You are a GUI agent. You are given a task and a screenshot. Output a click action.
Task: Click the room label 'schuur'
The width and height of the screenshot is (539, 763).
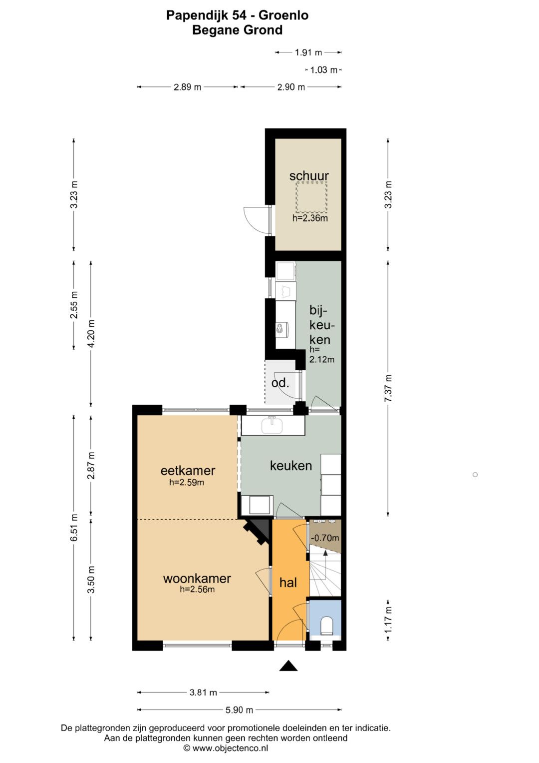[309, 176]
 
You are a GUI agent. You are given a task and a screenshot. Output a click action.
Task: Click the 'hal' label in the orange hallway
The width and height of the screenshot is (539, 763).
[288, 583]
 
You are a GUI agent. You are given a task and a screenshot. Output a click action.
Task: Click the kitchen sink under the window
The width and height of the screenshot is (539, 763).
[272, 426]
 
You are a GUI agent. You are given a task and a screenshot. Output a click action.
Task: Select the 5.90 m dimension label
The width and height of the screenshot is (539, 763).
[239, 710]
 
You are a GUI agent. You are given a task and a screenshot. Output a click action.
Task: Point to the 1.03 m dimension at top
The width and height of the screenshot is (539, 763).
[323, 70]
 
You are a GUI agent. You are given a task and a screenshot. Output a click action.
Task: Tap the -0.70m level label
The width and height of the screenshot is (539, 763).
[325, 538]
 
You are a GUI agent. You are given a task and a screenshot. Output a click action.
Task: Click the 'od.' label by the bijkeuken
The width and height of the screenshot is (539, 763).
[280, 383]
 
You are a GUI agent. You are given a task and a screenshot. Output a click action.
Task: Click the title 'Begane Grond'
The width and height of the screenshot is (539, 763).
[238, 30]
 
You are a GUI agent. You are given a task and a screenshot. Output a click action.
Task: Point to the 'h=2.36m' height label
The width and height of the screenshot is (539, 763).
[310, 218]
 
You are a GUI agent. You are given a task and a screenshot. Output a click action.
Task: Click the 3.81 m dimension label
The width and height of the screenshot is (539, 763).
[203, 692]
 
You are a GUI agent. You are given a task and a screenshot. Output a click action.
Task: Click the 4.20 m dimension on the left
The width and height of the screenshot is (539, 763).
[91, 333]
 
